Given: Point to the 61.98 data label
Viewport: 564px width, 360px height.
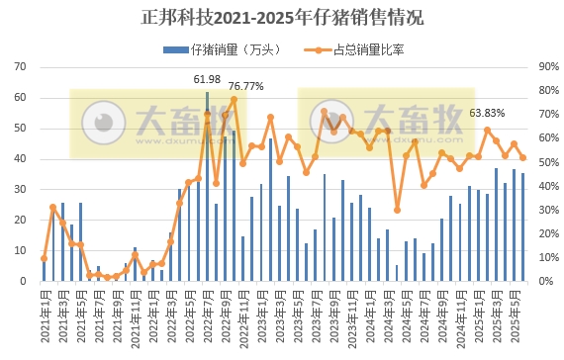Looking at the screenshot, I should [x=207, y=78].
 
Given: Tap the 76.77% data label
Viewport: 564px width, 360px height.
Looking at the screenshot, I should [x=246, y=86].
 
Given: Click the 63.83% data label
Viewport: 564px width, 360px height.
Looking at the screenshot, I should [x=488, y=112].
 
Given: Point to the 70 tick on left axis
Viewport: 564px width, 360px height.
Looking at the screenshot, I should [x=20, y=67].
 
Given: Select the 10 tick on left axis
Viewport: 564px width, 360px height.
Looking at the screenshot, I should [x=20, y=251].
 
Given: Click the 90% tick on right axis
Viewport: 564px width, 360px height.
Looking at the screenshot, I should [x=548, y=67].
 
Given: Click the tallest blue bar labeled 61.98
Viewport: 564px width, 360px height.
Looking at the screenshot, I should [x=207, y=188].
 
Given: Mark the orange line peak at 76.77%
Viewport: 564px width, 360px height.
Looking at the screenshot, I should [x=234, y=100].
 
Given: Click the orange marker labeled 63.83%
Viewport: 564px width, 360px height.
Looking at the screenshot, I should [x=488, y=130].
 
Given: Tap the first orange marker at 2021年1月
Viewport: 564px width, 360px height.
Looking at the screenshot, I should [x=44, y=258].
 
